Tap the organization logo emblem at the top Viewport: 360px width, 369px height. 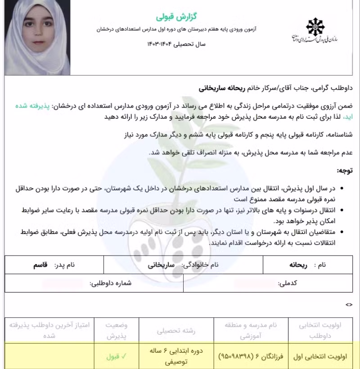tap(315, 26)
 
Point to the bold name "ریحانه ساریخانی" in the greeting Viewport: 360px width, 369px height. tap(225, 88)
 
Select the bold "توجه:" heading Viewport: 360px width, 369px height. tap(345, 171)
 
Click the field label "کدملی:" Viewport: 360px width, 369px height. tap(288, 283)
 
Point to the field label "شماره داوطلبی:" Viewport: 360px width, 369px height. tap(111, 283)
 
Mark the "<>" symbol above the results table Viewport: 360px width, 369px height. tap(349, 305)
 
